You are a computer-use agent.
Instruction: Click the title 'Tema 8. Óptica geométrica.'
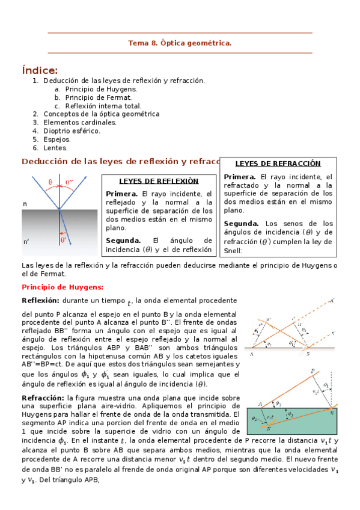pyautogui.click(x=180, y=43)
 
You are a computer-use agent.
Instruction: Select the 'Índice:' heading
pyautogui.click(x=40, y=70)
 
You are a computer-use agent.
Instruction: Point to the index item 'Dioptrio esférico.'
pyautogui.click(x=72, y=131)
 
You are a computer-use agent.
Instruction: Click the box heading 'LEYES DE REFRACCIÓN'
pyautogui.click(x=278, y=164)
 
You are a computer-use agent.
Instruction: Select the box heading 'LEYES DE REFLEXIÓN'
pyautogui.click(x=159, y=180)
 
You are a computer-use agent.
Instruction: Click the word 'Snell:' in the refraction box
pyautogui.click(x=233, y=250)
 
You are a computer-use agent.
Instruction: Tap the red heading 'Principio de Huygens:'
pyautogui.click(x=63, y=287)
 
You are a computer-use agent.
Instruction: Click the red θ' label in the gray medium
pyautogui.click(x=64, y=239)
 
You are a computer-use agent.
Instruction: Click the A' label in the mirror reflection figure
pyautogui.click(x=333, y=299)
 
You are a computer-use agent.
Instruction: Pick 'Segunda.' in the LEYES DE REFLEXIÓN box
pyautogui.click(x=123, y=240)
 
